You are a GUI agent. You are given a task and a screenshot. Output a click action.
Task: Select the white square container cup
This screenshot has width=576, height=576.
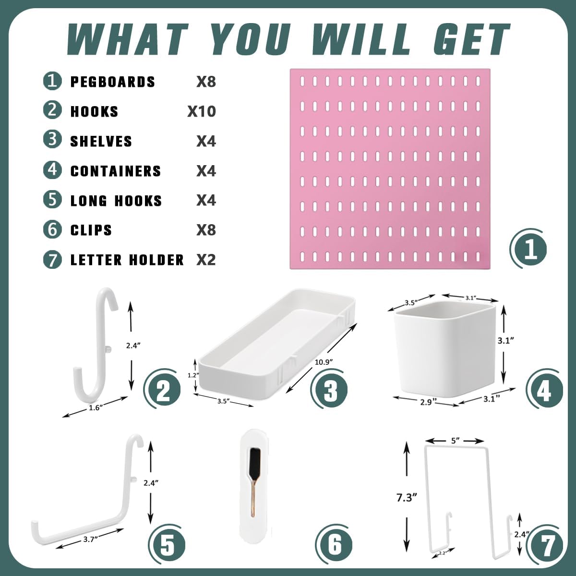[446, 350]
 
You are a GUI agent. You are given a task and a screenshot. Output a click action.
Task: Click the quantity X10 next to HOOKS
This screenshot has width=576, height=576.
[202, 111]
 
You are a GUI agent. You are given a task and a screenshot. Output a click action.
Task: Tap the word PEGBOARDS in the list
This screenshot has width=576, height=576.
[113, 82]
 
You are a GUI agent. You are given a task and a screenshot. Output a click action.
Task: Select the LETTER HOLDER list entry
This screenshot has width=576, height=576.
[127, 260]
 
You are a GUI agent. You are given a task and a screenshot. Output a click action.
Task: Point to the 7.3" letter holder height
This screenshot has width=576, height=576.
[405, 498]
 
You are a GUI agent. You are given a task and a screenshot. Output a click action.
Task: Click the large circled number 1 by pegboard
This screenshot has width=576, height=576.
[529, 250]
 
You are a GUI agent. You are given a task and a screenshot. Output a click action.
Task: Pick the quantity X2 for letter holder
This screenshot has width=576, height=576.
[206, 260]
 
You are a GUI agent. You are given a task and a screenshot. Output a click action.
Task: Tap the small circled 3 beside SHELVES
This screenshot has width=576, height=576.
[52, 140]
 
